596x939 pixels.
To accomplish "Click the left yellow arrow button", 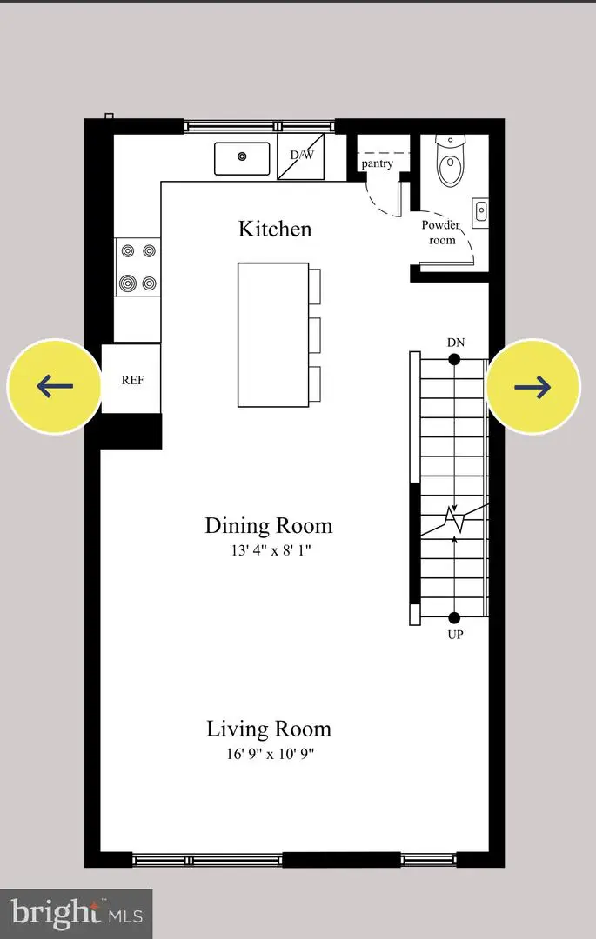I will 54,385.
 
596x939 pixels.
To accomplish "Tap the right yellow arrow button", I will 532,385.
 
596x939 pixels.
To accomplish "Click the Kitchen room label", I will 275,229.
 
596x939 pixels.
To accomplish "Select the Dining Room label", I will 268,525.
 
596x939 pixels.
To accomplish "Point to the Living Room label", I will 268,729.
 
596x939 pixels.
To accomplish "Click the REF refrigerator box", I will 131,379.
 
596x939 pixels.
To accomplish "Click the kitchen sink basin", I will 243,157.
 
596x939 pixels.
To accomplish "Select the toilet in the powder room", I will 450,163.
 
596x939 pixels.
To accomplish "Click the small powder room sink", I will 480,210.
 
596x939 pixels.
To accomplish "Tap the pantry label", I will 377,163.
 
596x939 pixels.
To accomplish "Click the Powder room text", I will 441,232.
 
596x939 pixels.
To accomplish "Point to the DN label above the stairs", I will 455,343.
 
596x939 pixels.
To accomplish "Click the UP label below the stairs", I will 454,635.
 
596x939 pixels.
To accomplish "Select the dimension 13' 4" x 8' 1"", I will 268,550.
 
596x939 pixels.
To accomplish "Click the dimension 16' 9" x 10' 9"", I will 268,754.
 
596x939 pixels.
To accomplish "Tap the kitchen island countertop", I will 272,335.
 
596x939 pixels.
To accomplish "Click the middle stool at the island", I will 314,334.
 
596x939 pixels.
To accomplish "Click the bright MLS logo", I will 76,913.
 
